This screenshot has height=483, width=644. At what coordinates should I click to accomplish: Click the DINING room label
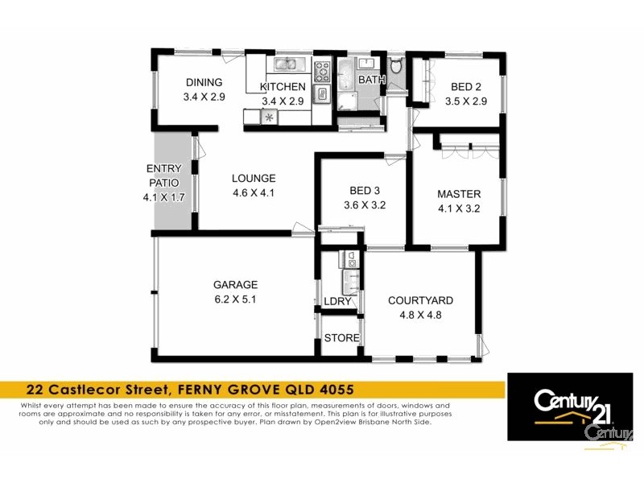click(204, 83)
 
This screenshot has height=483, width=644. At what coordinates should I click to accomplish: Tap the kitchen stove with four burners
click(322, 70)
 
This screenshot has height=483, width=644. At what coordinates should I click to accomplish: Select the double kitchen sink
click(287, 64)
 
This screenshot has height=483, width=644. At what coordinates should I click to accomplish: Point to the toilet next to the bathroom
click(395, 66)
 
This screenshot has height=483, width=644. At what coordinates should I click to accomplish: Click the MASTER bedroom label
click(459, 194)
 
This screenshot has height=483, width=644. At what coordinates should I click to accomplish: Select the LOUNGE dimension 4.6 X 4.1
click(254, 193)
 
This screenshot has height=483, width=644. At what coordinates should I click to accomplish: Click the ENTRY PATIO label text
click(163, 175)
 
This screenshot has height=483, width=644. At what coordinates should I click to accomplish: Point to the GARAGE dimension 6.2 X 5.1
click(235, 299)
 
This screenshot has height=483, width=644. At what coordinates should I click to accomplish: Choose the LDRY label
click(337, 301)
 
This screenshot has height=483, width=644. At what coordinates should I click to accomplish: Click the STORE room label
click(341, 338)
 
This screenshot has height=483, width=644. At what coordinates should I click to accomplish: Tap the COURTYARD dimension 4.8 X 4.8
click(420, 315)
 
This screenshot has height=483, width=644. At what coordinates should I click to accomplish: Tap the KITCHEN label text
click(283, 87)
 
